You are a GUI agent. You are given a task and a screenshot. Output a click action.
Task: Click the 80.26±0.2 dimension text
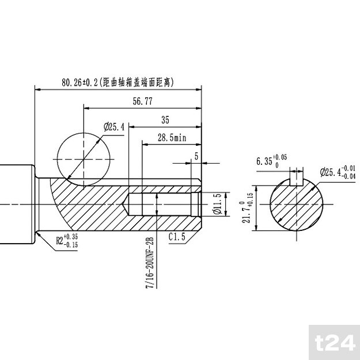click(x=80, y=82)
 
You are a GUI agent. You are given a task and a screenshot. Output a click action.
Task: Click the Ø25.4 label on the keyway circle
click(x=115, y=126)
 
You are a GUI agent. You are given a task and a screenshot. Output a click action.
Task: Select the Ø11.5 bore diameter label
click(x=216, y=205)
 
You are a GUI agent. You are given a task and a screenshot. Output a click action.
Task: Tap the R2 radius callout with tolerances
click(x=66, y=240)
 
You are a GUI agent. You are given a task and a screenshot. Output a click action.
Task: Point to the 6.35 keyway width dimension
click(x=270, y=161)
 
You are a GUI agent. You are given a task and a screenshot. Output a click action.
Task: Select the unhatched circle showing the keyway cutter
click(x=84, y=158)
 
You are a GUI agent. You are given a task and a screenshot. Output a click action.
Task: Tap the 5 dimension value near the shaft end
click(x=196, y=156)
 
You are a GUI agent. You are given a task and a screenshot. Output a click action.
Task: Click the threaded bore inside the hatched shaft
click(x=164, y=205)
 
